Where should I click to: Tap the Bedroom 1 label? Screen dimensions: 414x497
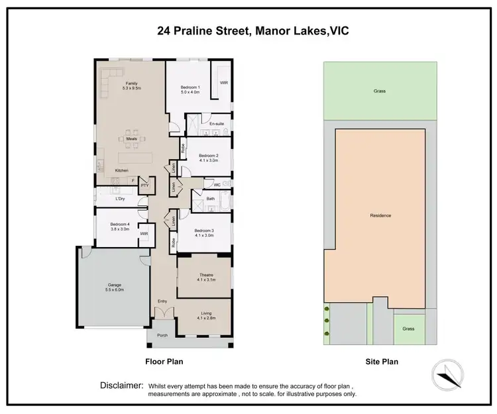(191, 87)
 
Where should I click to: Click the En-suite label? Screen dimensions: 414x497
(217, 124)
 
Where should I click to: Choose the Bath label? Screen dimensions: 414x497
(210, 198)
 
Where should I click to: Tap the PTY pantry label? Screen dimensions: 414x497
(144, 186)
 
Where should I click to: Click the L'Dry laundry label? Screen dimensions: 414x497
(121, 199)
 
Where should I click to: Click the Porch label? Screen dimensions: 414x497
(162, 335)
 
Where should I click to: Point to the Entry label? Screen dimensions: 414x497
(162, 301)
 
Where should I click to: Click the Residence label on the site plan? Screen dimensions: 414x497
(380, 215)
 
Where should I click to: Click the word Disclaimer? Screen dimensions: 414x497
(121, 385)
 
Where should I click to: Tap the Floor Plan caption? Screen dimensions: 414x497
(164, 362)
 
